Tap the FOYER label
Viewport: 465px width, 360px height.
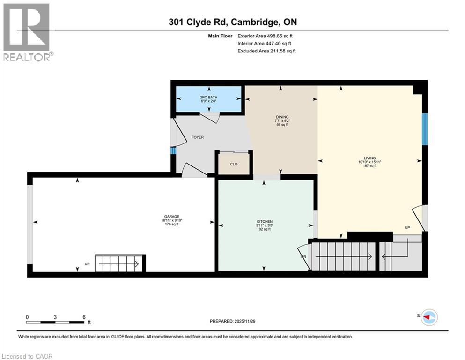coord(197,137)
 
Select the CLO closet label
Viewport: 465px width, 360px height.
coord(234,165)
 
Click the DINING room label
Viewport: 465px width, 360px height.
coord(282,117)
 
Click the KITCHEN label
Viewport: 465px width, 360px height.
coord(264,221)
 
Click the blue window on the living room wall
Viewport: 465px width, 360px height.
coord(424,129)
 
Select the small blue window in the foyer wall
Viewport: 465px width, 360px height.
coord(173,151)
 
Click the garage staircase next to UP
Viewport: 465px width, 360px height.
coord(119,263)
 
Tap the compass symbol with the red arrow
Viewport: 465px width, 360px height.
coord(428,317)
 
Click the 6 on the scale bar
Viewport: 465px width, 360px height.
coord(83,317)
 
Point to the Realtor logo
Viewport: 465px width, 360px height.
coord(27,32)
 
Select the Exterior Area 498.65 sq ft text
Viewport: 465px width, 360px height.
coord(266,36)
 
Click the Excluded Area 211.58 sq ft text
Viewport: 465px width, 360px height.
coord(266,51)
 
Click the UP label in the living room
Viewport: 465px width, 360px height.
coord(408,228)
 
